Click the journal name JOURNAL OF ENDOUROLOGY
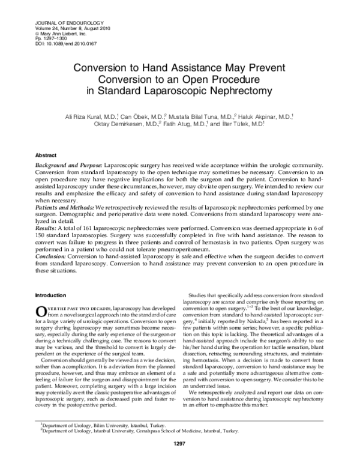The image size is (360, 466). (56, 10)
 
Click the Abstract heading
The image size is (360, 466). (46, 154)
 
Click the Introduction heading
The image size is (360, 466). (51, 295)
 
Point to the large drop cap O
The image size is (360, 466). (41, 310)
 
